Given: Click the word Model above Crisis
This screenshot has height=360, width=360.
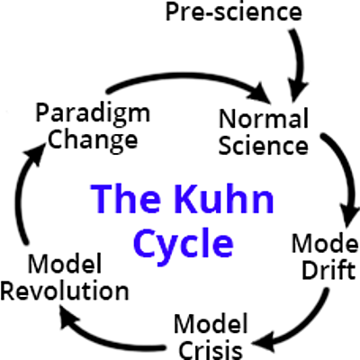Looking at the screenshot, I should coord(208,321).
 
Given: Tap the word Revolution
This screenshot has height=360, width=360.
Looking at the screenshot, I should coord(65,291).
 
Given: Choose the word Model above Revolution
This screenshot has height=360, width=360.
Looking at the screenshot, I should coord(64,265).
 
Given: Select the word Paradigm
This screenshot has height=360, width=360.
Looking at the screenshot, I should coord(86,114).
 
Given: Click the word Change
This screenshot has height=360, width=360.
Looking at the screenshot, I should coord(87,139).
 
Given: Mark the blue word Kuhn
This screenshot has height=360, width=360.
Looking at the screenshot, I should coord(220,196).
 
